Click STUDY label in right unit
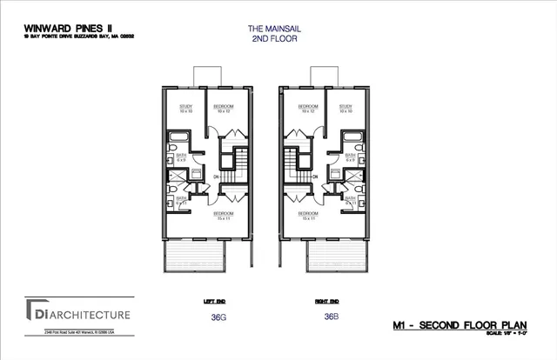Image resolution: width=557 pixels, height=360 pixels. (x=346, y=109)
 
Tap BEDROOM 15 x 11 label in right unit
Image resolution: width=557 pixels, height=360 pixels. (x=307, y=214)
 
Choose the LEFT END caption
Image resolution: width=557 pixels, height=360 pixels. (x=214, y=301)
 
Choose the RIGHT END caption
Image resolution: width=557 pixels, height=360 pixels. (x=326, y=301)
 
